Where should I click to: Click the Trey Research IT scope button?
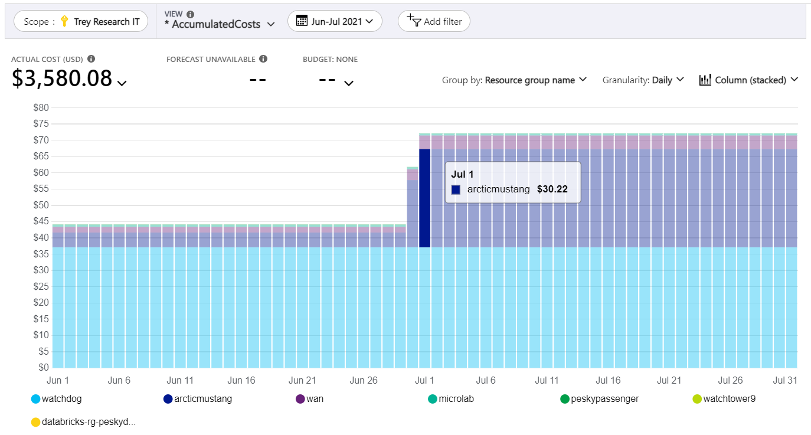(81, 21)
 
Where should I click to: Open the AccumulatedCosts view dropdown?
(220, 24)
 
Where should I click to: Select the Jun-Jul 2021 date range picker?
(335, 21)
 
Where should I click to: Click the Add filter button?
(434, 21)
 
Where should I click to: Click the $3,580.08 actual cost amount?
(62, 79)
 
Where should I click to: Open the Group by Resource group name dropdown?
(514, 80)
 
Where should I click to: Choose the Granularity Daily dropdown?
(643, 80)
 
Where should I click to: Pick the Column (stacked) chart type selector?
(748, 80)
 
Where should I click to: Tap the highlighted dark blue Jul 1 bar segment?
(424, 198)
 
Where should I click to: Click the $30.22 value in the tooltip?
(552, 189)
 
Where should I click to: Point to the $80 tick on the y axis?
(41, 107)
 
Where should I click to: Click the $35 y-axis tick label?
(41, 254)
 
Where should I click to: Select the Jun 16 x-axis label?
(241, 380)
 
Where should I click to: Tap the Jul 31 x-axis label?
(785, 380)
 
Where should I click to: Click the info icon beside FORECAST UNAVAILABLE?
(263, 59)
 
